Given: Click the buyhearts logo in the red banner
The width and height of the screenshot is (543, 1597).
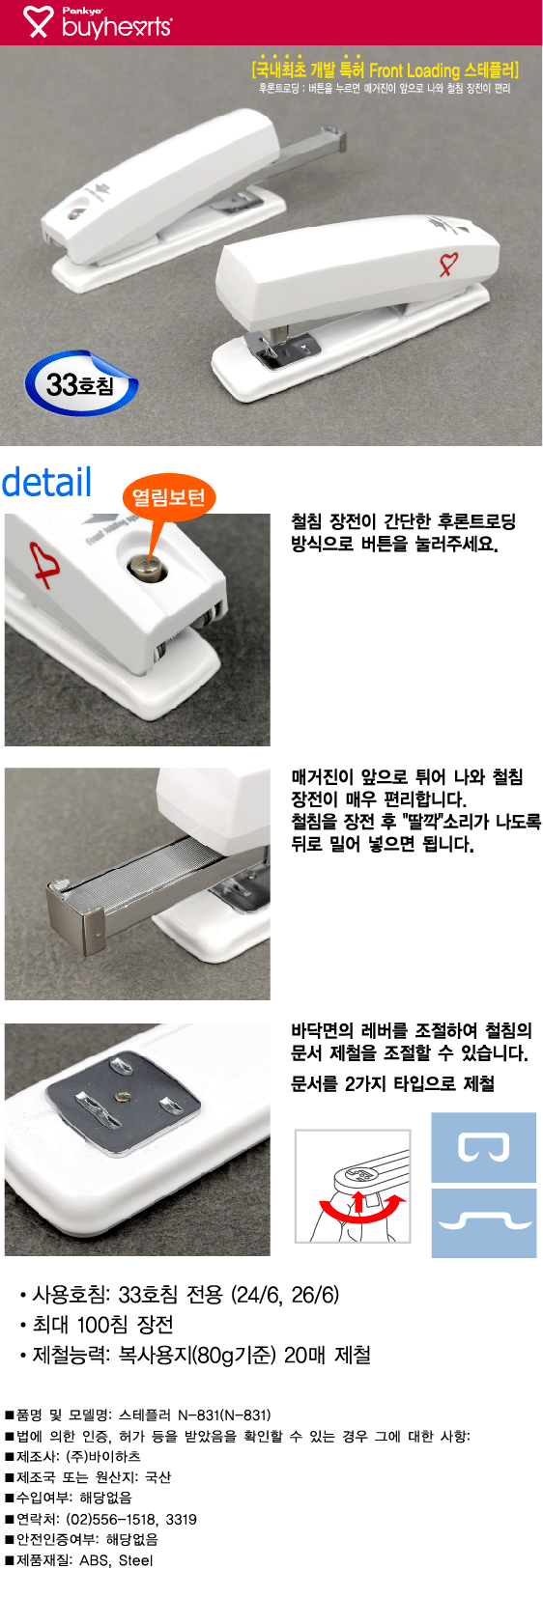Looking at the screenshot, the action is (x=97, y=22).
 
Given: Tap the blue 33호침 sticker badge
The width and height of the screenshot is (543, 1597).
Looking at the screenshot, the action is (x=80, y=383).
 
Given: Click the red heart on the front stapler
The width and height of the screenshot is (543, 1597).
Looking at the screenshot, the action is (x=448, y=263).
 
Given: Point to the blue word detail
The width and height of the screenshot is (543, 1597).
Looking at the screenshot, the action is (x=47, y=482).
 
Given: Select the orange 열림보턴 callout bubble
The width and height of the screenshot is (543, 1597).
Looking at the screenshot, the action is (x=168, y=497).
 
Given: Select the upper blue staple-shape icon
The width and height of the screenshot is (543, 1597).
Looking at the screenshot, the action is (x=483, y=1147).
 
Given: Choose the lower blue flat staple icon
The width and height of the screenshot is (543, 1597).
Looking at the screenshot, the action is (x=484, y=1222).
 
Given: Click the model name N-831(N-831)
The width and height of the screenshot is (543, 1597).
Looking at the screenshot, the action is (x=224, y=1415).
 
